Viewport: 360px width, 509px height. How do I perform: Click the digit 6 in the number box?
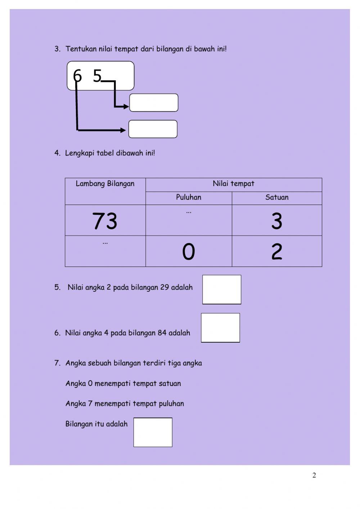(77, 76)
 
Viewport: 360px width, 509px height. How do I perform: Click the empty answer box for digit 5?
(154, 103)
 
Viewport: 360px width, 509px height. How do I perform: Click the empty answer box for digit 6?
(153, 129)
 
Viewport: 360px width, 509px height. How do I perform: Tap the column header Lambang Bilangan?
(105, 184)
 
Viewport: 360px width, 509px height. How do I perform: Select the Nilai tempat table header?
(233, 184)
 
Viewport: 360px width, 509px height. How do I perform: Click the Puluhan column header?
(189, 197)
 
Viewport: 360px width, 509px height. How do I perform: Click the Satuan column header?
(277, 197)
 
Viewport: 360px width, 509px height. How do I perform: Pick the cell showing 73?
(105, 221)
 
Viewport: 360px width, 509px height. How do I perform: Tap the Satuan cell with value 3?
(276, 221)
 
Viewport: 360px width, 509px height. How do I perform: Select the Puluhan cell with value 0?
(189, 251)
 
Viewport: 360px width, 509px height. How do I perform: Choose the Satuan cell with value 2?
(276, 251)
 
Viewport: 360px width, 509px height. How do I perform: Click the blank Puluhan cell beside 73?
(189, 220)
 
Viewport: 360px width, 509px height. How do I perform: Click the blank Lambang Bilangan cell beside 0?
(105, 251)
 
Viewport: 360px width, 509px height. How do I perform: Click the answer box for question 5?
(222, 290)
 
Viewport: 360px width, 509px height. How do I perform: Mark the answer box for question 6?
(220, 328)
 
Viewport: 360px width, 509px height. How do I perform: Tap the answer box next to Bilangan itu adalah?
(153, 432)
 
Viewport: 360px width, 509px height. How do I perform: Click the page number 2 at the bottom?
(314, 475)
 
